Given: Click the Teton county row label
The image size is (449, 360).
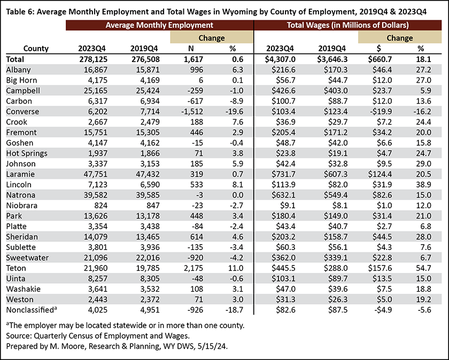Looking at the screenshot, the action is [x=16, y=268].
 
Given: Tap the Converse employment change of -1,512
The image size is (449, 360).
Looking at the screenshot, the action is [x=192, y=112].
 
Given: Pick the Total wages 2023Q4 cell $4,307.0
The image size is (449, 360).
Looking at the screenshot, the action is [x=280, y=59].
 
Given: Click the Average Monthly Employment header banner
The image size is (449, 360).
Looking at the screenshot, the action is [x=159, y=25].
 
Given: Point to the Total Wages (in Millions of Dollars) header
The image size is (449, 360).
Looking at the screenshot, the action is [x=347, y=25].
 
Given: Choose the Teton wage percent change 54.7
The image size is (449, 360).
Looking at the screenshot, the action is [x=423, y=268].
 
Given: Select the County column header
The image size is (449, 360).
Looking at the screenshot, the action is [x=36, y=49].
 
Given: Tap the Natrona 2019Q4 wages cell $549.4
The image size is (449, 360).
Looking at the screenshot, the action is [x=336, y=195].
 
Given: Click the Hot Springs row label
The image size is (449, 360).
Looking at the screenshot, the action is [x=27, y=153].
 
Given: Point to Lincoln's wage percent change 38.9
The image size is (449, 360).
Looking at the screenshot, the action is [x=423, y=185].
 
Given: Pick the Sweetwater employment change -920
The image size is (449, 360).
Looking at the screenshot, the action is [x=195, y=258].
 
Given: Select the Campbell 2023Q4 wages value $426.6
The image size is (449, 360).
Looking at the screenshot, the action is [x=283, y=91].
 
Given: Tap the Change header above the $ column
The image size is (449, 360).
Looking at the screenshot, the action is [x=400, y=38].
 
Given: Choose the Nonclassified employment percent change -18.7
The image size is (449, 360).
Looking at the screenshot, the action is [x=234, y=310].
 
